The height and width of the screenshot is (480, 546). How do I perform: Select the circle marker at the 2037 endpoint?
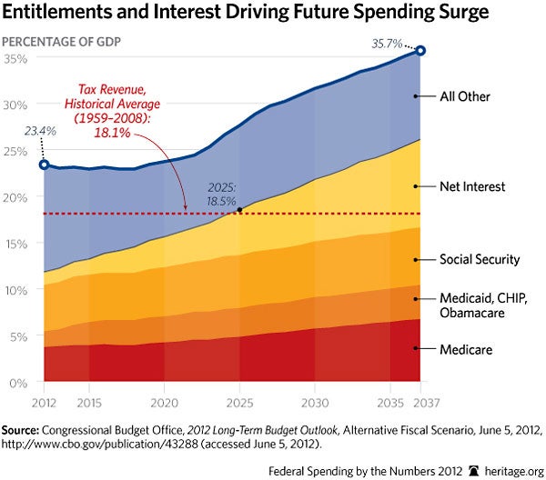tap(420, 52)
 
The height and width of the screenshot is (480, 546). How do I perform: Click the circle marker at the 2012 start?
tap(43, 165)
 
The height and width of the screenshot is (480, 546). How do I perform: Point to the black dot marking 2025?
tap(238, 211)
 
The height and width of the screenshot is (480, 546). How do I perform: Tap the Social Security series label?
tap(478, 259)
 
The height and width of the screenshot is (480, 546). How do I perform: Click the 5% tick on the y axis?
tap(21, 336)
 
